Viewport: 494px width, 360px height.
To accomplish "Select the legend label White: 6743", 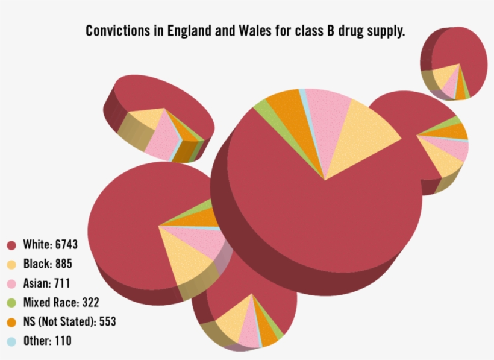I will point(50,244).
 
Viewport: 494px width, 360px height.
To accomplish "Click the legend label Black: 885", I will point(48,264).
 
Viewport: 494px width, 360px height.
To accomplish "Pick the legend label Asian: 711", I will point(48,283).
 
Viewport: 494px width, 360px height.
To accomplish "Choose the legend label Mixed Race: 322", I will point(61,302).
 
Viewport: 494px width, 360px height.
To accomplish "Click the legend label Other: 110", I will point(47,341).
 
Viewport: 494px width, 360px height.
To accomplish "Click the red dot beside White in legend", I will point(11,245).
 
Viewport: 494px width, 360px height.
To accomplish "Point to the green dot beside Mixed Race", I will point(11,303).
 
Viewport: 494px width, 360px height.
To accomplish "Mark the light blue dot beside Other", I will point(11,342).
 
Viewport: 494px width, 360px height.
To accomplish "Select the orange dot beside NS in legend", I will point(11,323).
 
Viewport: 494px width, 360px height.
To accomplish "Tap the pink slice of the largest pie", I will point(326,121).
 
